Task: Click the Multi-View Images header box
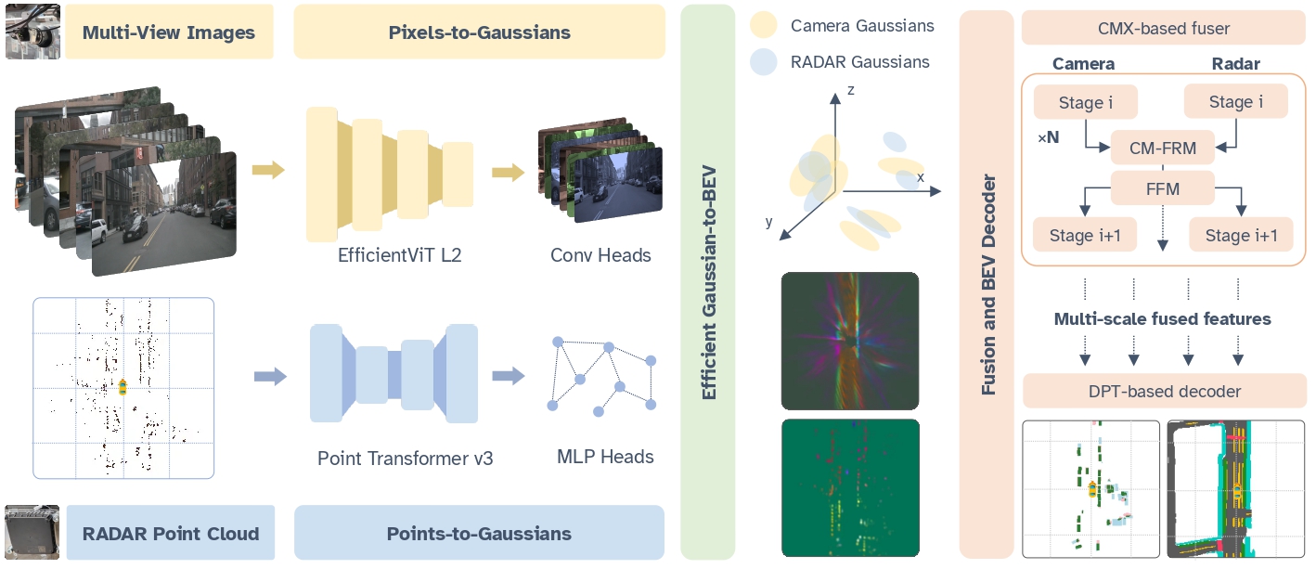pyautogui.click(x=169, y=32)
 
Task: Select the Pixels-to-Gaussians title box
pyautogui.click(x=479, y=32)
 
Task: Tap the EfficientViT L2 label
pyautogui.click(x=399, y=254)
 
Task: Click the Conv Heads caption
pyautogui.click(x=600, y=254)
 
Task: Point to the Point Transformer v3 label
pyautogui.click(x=406, y=458)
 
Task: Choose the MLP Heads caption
pyautogui.click(x=605, y=457)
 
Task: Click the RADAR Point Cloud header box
pyautogui.click(x=171, y=533)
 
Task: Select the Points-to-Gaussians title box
pyautogui.click(x=479, y=533)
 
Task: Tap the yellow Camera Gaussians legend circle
pyautogui.click(x=764, y=26)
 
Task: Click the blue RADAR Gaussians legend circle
pyautogui.click(x=764, y=62)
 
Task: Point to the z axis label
pyautogui.click(x=849, y=89)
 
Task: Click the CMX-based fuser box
pyautogui.click(x=1164, y=29)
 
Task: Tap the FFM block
pyautogui.click(x=1162, y=188)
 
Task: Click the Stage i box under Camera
pyautogui.click(x=1085, y=102)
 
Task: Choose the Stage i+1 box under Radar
pyautogui.click(x=1241, y=235)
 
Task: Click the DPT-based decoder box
pyautogui.click(x=1164, y=391)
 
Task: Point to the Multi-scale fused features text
pyautogui.click(x=1162, y=318)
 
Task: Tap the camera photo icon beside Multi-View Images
pyautogui.click(x=32, y=32)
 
